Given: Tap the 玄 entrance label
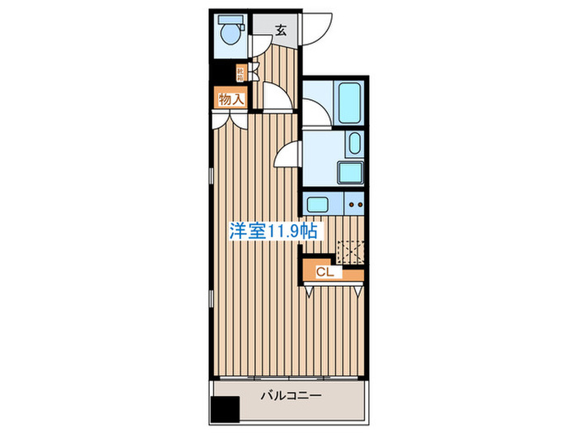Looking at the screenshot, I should coord(281,31).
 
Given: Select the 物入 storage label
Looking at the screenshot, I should coord(231,99).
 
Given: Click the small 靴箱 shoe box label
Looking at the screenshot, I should coord(240,73).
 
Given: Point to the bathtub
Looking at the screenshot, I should coord(350,101).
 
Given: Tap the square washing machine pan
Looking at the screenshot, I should coord(352,172).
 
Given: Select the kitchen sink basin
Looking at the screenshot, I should coord(316,202).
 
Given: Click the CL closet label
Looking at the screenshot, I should coord(324,270).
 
